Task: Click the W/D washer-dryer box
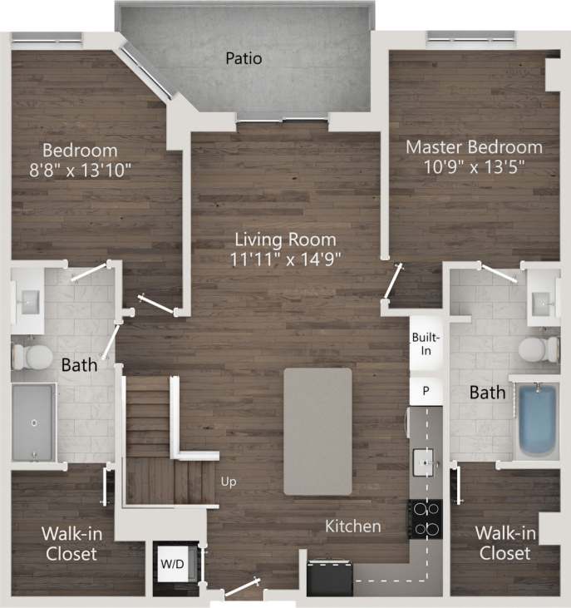(x=173, y=564)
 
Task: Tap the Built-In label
(x=426, y=344)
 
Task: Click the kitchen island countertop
(x=317, y=431)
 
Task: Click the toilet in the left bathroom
(x=30, y=356)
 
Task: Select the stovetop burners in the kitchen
(x=425, y=519)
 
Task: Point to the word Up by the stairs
(x=229, y=481)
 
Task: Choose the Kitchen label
(x=352, y=526)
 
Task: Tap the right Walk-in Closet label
(x=503, y=544)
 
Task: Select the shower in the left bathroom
(x=33, y=423)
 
